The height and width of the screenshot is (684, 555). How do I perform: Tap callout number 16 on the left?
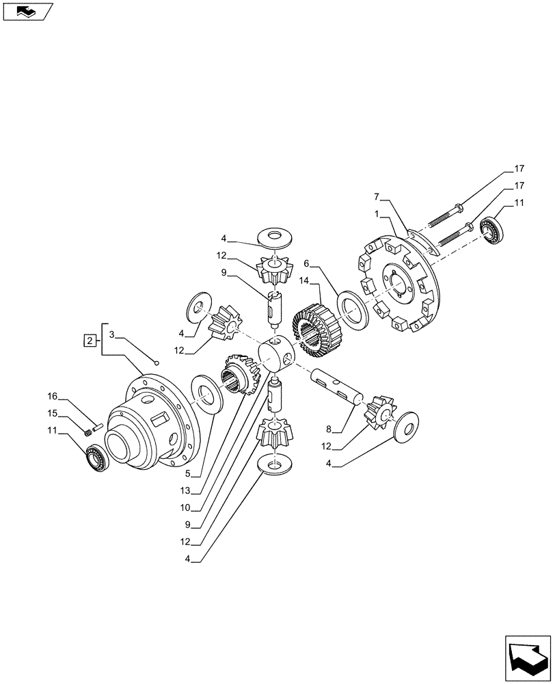tap(52, 397)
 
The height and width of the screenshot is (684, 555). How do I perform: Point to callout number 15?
tap(52, 414)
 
